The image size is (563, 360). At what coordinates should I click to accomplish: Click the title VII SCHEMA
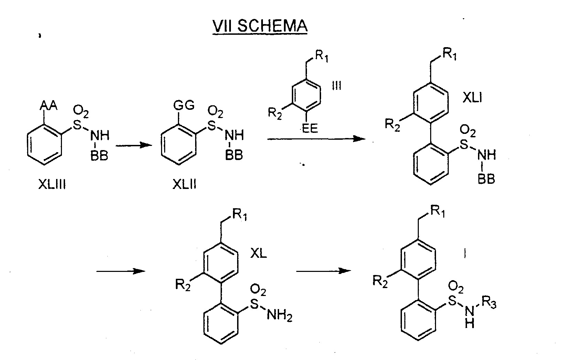pos(260,26)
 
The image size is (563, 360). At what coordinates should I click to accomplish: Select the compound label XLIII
pos(52,184)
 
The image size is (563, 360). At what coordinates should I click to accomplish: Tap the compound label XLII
pos(184,184)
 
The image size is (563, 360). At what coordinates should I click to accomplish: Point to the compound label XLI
pos(472,97)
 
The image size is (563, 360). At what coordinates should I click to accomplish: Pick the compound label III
pos(337,85)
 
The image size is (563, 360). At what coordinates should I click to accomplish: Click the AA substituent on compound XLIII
pos(49,105)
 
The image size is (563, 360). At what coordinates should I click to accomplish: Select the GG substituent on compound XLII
pos(184,105)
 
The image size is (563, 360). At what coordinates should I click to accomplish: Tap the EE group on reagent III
pos(310,129)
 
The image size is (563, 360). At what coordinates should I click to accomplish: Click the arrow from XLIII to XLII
pos(134,145)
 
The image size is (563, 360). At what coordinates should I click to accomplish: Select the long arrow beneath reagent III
pos(316,138)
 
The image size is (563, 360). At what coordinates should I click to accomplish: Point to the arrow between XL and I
pos(324,271)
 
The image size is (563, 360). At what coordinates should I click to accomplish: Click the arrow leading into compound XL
pos(121,271)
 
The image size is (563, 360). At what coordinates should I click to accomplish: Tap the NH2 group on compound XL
pos(279,315)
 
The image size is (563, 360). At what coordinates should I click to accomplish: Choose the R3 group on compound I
pos(489,303)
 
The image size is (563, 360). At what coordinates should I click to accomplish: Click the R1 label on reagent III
pos(322,56)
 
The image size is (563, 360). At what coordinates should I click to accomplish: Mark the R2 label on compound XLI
pos(392,125)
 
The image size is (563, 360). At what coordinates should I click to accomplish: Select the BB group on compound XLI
pos(486,179)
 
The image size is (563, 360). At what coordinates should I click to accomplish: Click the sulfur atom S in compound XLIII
pos(77,125)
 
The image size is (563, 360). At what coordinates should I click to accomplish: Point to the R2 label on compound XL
pos(183,285)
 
